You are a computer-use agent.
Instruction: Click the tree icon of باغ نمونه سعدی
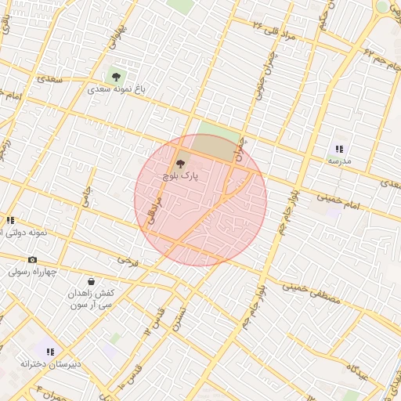(x=116, y=77)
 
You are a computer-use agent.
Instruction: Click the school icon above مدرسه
(x=339, y=148)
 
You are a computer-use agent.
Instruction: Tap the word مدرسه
(x=339, y=161)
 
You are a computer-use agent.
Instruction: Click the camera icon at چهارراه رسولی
(x=32, y=259)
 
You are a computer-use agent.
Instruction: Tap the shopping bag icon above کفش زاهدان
(x=92, y=280)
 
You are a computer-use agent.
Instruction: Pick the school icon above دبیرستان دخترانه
(x=51, y=352)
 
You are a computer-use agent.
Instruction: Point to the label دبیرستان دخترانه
(x=51, y=365)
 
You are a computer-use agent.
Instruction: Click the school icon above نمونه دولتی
(x=10, y=220)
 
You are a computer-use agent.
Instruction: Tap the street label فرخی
(x=126, y=258)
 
